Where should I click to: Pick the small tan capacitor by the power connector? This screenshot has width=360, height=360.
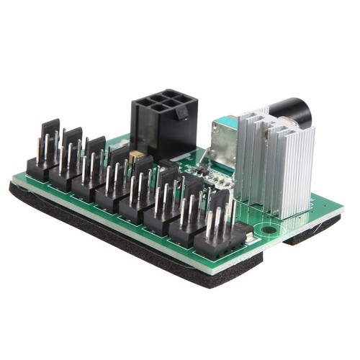[135, 156]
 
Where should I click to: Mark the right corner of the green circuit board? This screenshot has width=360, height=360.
[339, 213]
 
